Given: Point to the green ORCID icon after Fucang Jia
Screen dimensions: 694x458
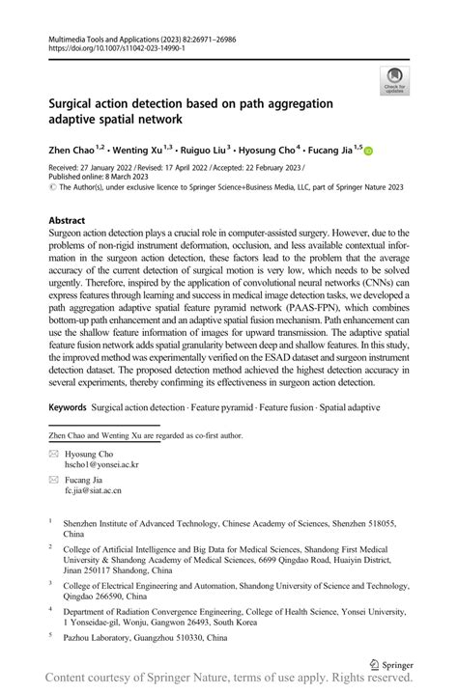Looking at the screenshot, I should tap(368, 152).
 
